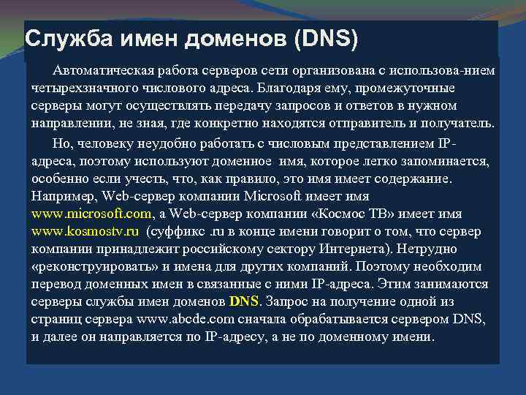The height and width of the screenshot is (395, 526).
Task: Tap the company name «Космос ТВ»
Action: click(367, 214)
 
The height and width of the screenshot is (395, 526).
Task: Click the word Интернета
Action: click(351, 249)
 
